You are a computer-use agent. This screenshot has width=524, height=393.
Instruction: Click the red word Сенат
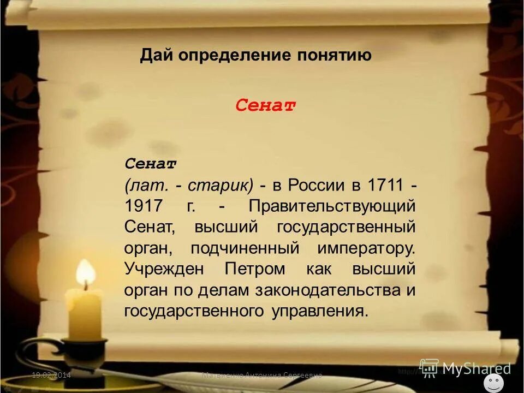[265, 105]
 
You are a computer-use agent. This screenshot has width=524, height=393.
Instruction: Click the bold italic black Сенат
[150, 163]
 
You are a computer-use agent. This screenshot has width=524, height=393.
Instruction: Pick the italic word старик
[219, 185]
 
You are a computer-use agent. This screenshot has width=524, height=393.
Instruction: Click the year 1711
[384, 185]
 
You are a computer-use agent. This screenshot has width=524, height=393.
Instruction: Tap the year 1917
[144, 206]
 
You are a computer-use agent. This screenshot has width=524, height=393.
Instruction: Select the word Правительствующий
[331, 206]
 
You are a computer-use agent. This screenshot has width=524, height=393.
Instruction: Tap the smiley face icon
[493, 383]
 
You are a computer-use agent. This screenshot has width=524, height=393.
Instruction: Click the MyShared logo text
[476, 368]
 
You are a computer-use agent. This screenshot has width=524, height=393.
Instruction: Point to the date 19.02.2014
[51, 375]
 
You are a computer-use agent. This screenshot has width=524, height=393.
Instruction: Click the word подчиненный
[245, 248]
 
